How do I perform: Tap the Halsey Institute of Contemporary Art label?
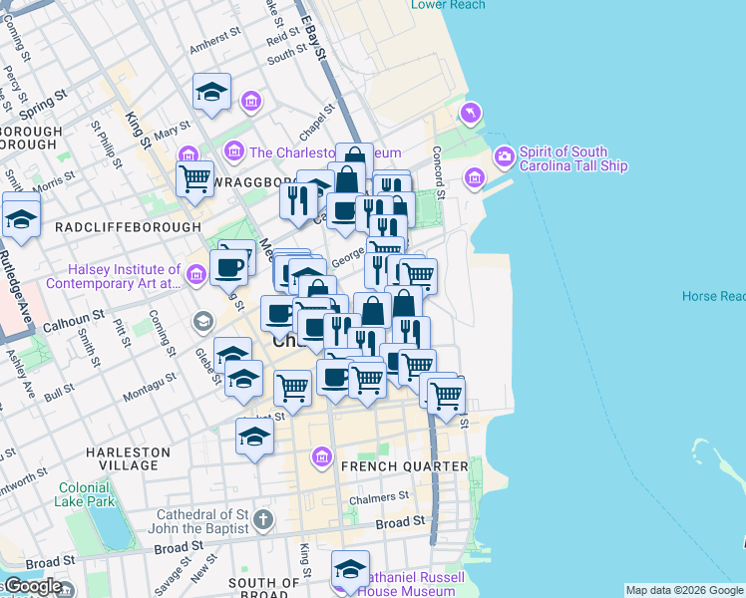(125, 276)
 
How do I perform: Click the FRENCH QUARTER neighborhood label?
(404, 466)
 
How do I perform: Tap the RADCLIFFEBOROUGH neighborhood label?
(128, 227)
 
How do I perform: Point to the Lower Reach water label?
(448, 5)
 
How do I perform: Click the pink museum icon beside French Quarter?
(321, 457)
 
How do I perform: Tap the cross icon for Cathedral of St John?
(262, 519)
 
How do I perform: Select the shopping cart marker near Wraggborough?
(195, 179)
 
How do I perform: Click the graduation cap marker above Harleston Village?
(254, 436)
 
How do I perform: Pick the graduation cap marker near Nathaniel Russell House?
(350, 569)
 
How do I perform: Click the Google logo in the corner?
(33, 587)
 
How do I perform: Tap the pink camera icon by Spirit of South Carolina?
(505, 156)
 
